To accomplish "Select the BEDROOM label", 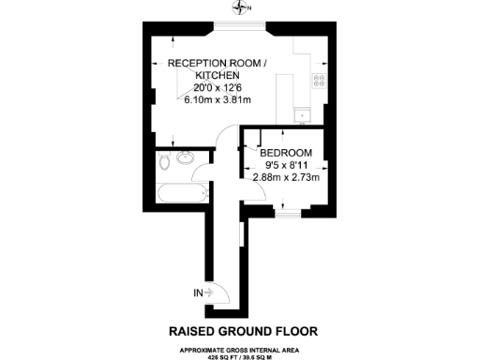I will point(286,153).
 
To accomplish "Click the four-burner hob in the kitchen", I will point(319,80).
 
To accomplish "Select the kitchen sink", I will point(303,116).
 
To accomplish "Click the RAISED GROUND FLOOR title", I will point(243,331).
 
